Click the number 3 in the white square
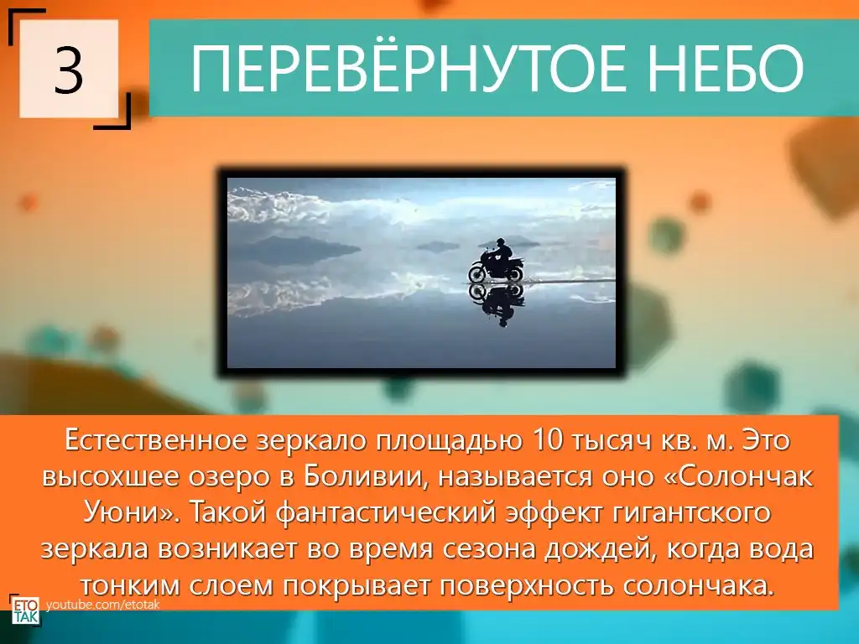69,70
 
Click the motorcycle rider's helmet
499,242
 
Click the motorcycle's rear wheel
514,273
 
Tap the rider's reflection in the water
497,304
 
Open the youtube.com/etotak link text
103,605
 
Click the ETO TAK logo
26,610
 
